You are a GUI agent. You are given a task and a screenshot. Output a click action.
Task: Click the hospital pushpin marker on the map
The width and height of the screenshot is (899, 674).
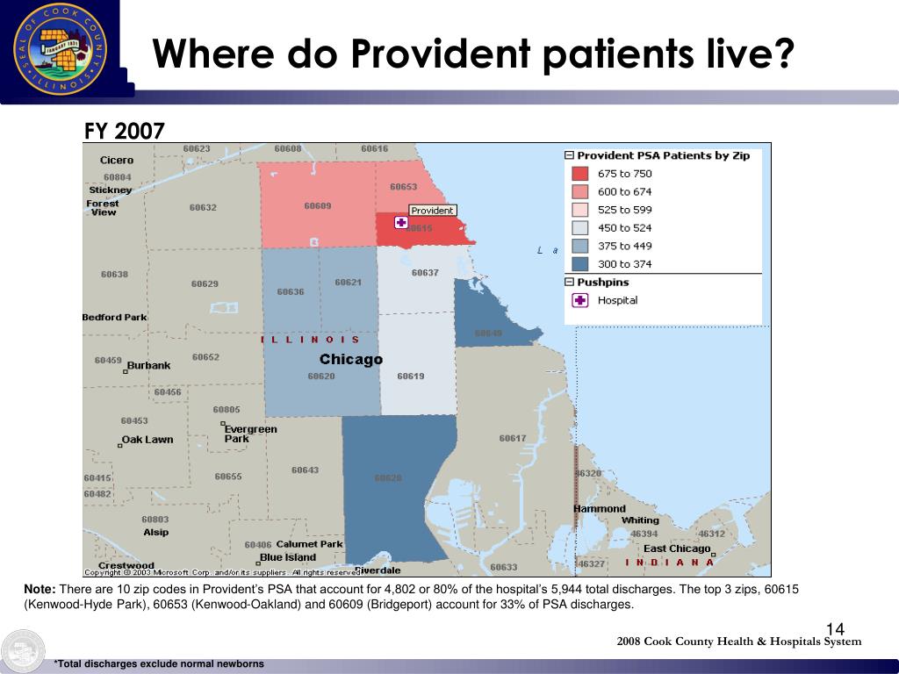pyautogui.click(x=401, y=223)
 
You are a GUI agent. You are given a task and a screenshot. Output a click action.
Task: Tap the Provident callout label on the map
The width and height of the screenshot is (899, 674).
pyautogui.click(x=433, y=211)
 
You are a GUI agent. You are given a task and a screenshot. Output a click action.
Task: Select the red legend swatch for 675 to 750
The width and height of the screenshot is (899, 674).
pyautogui.click(x=580, y=174)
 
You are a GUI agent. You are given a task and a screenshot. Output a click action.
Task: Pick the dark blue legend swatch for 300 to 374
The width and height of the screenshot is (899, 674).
pyautogui.click(x=580, y=264)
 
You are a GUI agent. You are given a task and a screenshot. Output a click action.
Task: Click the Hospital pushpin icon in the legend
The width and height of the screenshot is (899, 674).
pyautogui.click(x=580, y=300)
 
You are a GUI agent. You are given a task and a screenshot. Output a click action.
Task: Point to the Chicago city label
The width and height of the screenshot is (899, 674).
pyautogui.click(x=350, y=359)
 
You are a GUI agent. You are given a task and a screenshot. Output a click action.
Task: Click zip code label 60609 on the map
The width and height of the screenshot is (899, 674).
pyautogui.click(x=318, y=206)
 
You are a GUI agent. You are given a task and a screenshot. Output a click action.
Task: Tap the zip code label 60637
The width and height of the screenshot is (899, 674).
pyautogui.click(x=425, y=273)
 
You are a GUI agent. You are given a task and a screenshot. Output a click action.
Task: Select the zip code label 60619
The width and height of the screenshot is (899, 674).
pyautogui.click(x=410, y=376)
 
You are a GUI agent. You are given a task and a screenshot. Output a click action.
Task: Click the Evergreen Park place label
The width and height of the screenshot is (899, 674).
pyautogui.click(x=250, y=434)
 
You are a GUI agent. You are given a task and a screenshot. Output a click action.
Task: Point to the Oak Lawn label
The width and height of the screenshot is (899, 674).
pyautogui.click(x=147, y=440)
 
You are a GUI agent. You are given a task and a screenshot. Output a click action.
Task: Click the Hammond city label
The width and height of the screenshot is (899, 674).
pyautogui.click(x=600, y=509)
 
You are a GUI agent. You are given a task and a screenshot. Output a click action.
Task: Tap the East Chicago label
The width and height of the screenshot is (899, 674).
pyautogui.click(x=677, y=549)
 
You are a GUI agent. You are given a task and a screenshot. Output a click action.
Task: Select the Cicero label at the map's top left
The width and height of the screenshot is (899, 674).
pyautogui.click(x=117, y=161)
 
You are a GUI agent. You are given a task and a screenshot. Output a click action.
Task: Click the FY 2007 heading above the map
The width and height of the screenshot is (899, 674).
pyautogui.click(x=124, y=132)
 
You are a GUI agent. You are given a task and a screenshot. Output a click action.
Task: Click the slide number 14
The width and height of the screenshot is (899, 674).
pyautogui.click(x=834, y=629)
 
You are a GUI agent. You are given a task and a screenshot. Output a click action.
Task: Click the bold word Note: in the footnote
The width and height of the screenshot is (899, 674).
pyautogui.click(x=40, y=589)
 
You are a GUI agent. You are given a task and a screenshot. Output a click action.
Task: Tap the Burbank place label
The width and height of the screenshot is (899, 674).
pyautogui.click(x=148, y=366)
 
